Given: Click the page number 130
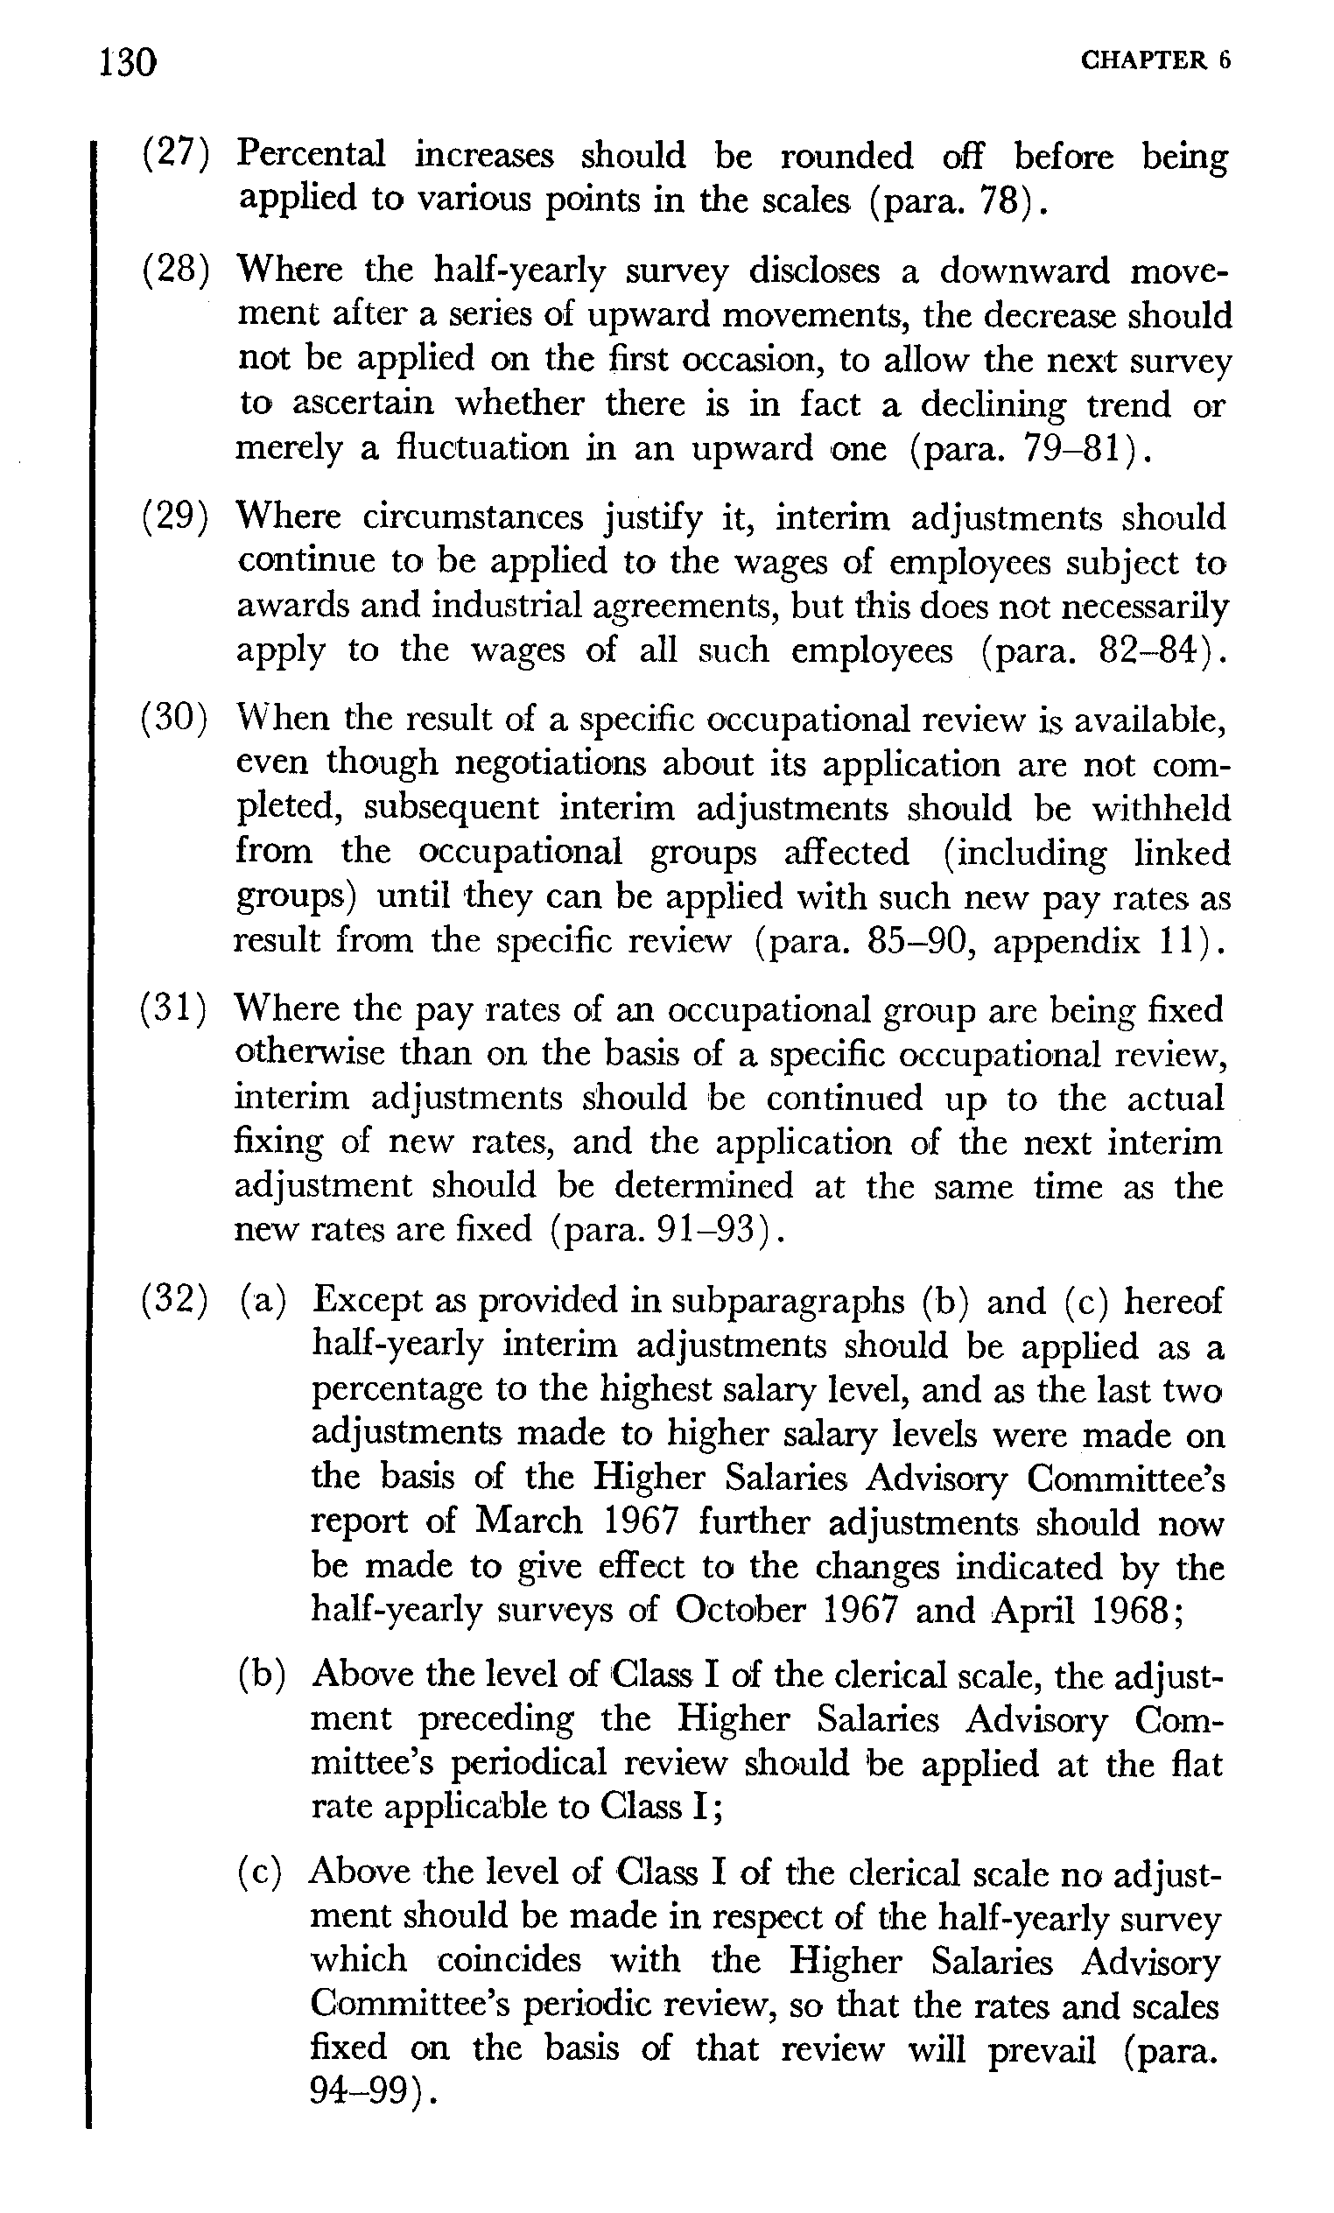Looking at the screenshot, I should (x=129, y=63).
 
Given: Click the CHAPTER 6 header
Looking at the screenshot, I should (x=1155, y=60).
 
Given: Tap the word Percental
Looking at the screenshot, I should (x=311, y=155).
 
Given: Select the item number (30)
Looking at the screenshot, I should (x=175, y=720).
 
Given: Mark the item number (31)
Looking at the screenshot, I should (x=175, y=1010).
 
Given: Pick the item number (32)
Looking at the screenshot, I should (x=175, y=1302).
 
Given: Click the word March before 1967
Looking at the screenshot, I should (x=528, y=1521).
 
